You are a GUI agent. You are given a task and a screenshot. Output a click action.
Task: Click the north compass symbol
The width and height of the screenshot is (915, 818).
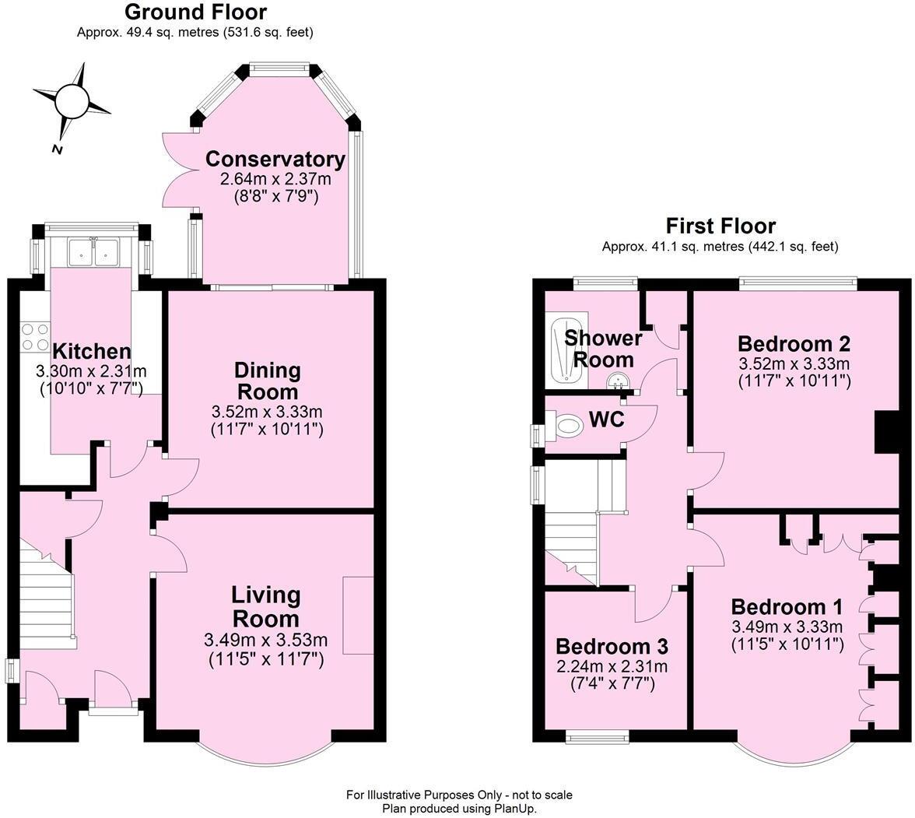(x=72, y=101)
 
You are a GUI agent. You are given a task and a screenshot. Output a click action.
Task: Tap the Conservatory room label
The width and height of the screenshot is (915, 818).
(x=275, y=160)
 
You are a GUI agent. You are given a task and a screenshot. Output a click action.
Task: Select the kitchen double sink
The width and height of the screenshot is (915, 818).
(x=93, y=251)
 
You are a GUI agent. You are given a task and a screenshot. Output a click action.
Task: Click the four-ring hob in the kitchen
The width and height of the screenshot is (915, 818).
(x=34, y=336)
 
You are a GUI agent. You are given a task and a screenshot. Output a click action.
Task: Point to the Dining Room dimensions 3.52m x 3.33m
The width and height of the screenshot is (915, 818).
(x=267, y=412)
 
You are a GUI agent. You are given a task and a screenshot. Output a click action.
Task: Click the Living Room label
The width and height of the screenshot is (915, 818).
(x=265, y=607)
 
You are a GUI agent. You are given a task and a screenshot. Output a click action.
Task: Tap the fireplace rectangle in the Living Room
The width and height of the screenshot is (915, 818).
(x=358, y=616)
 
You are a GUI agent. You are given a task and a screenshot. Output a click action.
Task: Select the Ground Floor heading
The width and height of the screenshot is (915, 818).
(x=195, y=12)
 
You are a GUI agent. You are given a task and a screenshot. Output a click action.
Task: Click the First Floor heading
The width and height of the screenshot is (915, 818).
(x=720, y=226)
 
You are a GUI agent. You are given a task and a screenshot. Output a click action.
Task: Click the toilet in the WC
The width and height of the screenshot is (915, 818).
(x=569, y=426)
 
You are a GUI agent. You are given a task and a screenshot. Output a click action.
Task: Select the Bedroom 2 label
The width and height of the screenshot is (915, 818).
(x=794, y=344)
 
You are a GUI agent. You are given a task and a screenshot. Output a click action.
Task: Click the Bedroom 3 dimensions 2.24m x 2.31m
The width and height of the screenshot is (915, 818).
(x=612, y=667)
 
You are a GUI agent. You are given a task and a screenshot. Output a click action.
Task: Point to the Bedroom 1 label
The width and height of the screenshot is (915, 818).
(x=787, y=607)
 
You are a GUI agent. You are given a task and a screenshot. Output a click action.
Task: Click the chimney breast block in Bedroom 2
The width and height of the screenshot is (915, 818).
(x=886, y=432)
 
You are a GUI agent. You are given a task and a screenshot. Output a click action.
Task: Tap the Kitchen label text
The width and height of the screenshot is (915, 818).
(x=91, y=352)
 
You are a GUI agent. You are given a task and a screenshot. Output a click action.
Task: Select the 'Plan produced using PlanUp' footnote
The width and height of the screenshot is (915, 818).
(x=459, y=809)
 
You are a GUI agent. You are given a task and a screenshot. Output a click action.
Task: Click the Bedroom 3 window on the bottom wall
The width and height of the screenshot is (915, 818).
(x=597, y=735)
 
